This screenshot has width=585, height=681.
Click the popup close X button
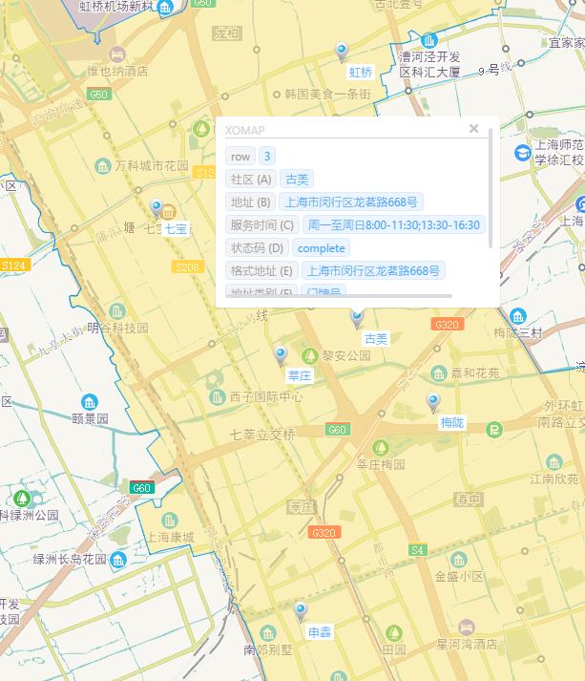click(473, 128)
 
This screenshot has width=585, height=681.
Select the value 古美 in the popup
click(297, 179)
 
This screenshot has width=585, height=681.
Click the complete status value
click(321, 247)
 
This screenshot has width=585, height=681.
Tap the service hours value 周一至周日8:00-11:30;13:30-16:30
click(394, 224)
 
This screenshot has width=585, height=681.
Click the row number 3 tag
click(268, 156)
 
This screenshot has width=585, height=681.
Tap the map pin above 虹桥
click(342, 52)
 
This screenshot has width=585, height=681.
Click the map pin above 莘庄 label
click(281, 356)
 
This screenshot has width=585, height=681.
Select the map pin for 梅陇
click(433, 402)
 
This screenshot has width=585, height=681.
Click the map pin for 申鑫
click(301, 611)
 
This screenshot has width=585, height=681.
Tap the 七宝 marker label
click(177, 229)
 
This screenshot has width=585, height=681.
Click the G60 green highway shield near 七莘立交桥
click(336, 430)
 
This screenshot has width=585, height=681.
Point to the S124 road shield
click(13, 265)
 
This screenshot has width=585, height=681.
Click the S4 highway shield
click(417, 550)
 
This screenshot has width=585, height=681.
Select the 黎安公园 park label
click(345, 355)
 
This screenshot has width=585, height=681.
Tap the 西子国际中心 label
click(266, 396)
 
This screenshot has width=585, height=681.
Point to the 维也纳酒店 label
click(117, 70)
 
